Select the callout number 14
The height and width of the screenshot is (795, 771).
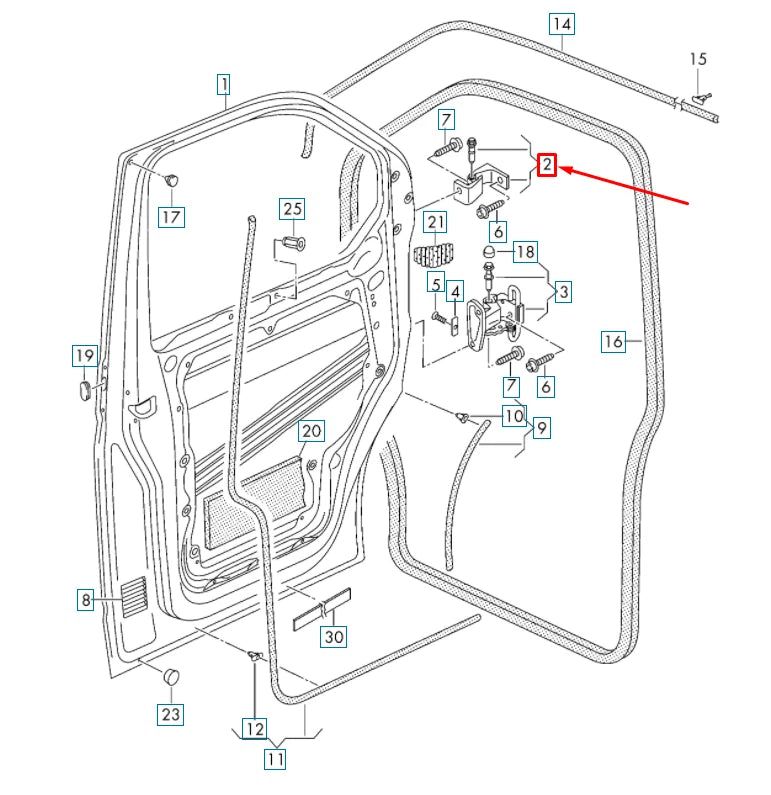[562, 23]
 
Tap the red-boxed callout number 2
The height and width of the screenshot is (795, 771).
[547, 165]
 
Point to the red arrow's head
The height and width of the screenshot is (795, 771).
[563, 171]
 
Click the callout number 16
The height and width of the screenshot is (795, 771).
[613, 342]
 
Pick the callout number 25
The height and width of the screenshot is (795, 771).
[292, 209]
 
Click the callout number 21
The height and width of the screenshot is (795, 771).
[436, 222]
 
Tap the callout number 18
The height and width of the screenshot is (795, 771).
[525, 250]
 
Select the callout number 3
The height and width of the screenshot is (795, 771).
[564, 292]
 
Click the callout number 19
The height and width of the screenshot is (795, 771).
[84, 355]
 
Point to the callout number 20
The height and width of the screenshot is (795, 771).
[312, 431]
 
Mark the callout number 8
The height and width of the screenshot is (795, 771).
[87, 600]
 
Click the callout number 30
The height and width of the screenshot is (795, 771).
[333, 637]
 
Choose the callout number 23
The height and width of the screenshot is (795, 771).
[171, 714]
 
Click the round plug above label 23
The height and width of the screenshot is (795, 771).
[172, 675]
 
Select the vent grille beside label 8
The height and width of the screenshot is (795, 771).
[134, 597]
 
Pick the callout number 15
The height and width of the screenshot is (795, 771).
[698, 60]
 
